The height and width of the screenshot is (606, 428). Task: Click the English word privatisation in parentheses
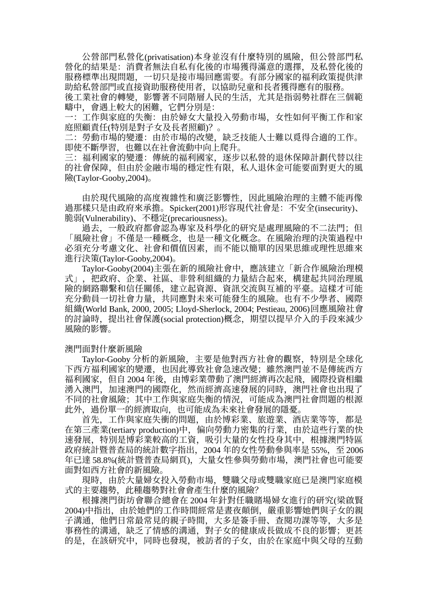(168, 57)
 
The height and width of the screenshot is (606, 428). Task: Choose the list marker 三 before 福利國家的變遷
(69, 158)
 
